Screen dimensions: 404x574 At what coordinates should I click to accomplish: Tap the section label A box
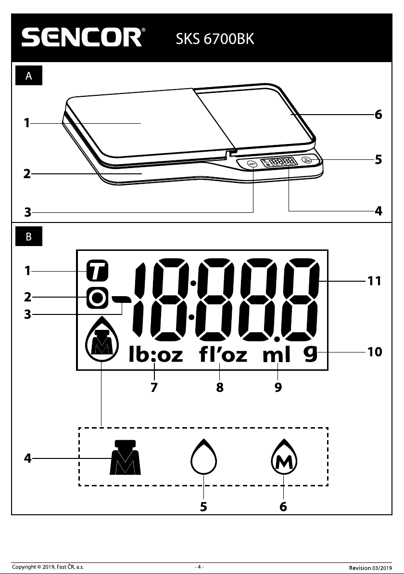coord(29,76)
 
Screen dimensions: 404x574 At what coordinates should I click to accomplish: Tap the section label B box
coord(29,236)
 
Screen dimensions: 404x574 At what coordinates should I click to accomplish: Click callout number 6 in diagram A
coord(379,115)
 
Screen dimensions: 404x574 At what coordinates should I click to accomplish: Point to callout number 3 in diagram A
coord(28,212)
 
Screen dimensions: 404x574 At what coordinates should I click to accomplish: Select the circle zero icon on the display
coord(98,298)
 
